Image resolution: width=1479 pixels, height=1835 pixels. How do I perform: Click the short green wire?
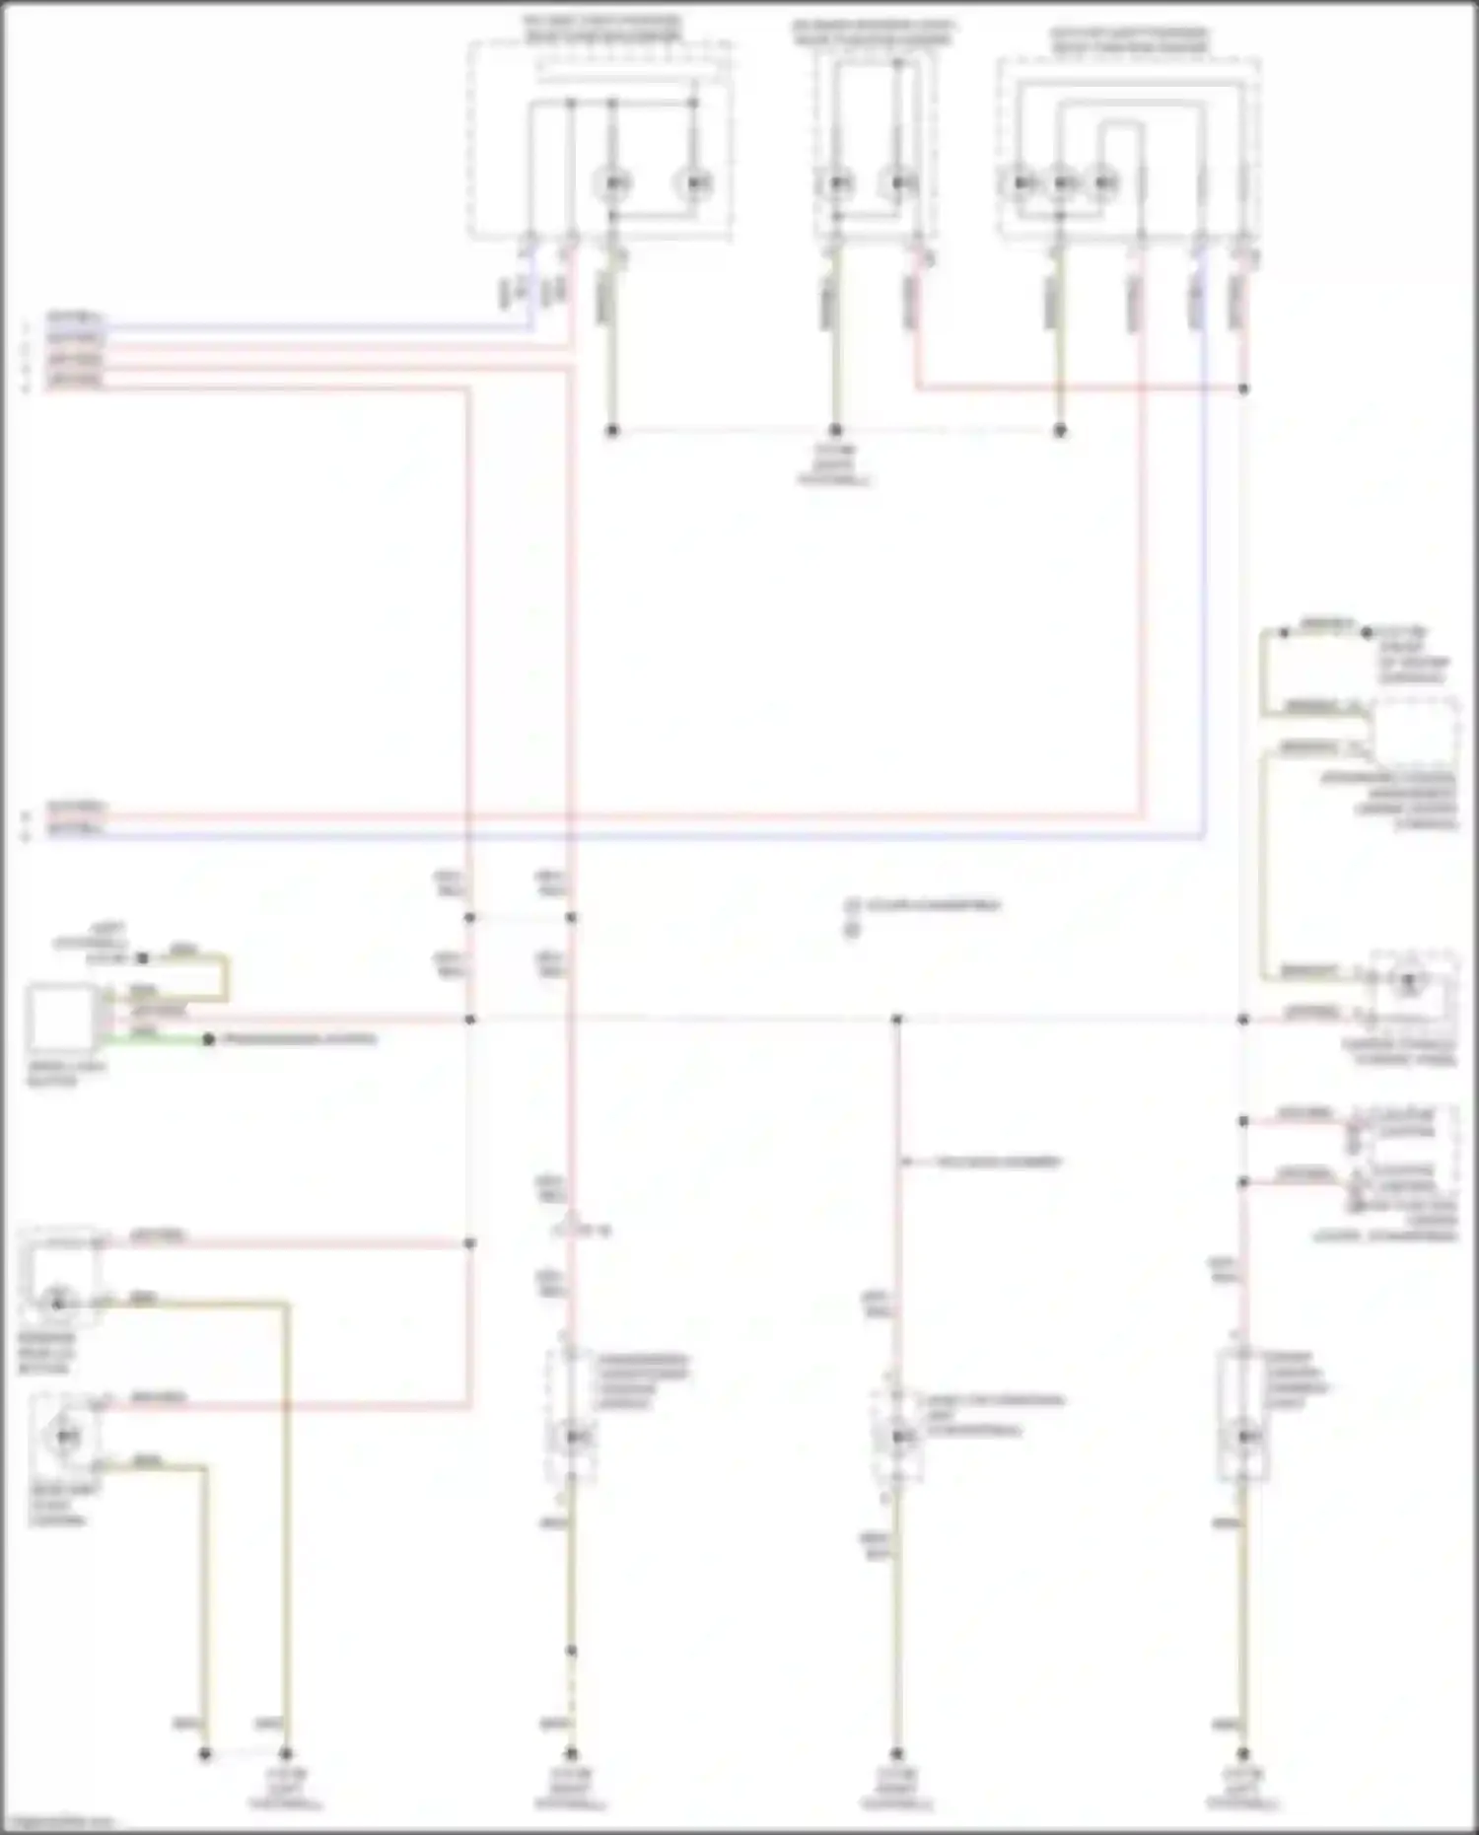[158, 1038]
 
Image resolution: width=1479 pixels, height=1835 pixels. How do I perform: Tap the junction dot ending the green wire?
[208, 1039]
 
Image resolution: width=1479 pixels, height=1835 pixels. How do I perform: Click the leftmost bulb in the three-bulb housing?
[1021, 183]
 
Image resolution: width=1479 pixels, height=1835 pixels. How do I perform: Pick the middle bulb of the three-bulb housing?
[1063, 183]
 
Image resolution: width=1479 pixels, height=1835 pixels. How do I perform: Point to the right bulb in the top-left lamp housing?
[694, 183]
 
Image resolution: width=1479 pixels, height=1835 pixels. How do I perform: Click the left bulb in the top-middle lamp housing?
[837, 183]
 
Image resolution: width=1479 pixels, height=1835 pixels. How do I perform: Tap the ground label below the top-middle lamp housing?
[835, 465]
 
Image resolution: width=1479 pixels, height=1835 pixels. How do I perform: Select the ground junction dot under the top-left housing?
[611, 431]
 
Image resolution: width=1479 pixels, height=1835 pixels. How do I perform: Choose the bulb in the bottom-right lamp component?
[1244, 1436]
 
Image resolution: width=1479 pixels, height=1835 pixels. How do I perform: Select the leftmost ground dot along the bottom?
[205, 1754]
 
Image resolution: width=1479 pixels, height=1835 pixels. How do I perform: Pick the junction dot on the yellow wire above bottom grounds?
[571, 1651]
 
